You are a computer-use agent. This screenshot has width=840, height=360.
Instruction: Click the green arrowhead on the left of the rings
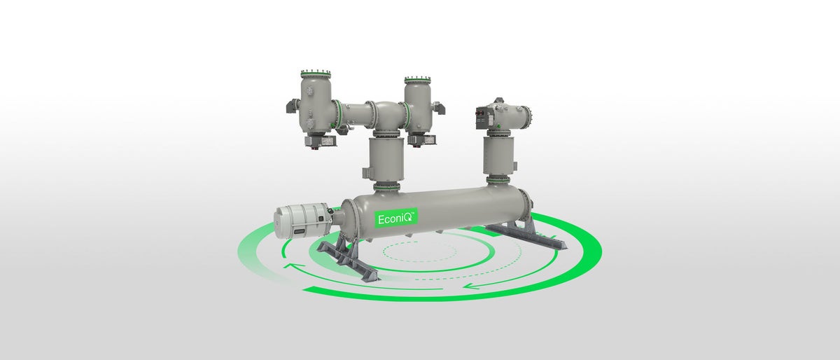pos(287,266)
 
